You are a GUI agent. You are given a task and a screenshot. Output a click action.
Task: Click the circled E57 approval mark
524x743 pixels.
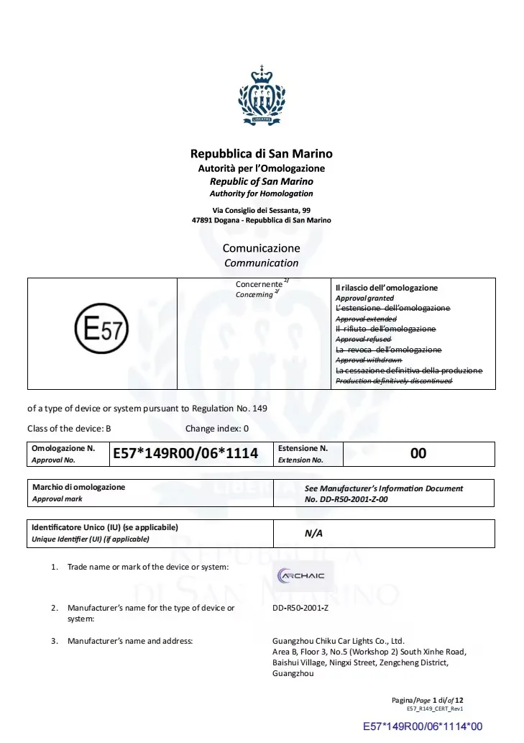tap(101, 333)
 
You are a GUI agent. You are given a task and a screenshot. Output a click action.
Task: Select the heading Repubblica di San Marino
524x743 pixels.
tap(261, 154)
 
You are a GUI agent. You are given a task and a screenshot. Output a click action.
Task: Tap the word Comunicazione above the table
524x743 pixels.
tap(261, 248)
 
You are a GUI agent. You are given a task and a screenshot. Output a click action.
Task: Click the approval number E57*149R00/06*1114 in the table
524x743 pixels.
tap(185, 453)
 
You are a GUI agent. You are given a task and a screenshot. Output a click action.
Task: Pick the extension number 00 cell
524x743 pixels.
tap(418, 453)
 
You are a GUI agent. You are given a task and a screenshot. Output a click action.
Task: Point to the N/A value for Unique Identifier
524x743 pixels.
tap(313, 534)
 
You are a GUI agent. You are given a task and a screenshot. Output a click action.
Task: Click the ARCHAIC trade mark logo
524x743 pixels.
tap(302, 575)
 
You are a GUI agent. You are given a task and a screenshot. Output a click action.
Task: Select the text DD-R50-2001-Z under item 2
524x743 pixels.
tap(300, 608)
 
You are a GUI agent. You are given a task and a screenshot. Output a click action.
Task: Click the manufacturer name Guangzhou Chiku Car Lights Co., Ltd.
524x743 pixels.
tap(339, 641)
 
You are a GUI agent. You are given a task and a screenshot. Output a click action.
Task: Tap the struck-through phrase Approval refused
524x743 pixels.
tap(363, 339)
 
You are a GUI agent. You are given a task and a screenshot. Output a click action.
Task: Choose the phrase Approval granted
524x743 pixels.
tap(364, 298)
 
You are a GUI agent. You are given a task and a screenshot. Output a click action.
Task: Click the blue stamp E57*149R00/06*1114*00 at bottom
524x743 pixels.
tap(422, 727)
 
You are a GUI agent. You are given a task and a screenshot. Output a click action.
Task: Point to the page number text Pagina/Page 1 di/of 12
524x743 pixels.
tap(428, 700)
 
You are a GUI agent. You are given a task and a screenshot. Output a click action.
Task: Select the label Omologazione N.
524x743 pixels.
tap(63, 448)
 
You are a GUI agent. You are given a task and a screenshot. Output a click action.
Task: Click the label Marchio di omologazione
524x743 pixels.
tap(78, 487)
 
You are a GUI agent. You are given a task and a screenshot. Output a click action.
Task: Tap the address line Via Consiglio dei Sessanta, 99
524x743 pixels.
tap(261, 210)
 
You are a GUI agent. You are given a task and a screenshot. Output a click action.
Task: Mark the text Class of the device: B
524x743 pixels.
tap(69, 429)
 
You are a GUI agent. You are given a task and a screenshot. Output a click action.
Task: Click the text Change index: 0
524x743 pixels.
tap(216, 429)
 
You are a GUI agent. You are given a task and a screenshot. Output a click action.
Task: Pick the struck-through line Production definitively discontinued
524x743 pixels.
tap(394, 380)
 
